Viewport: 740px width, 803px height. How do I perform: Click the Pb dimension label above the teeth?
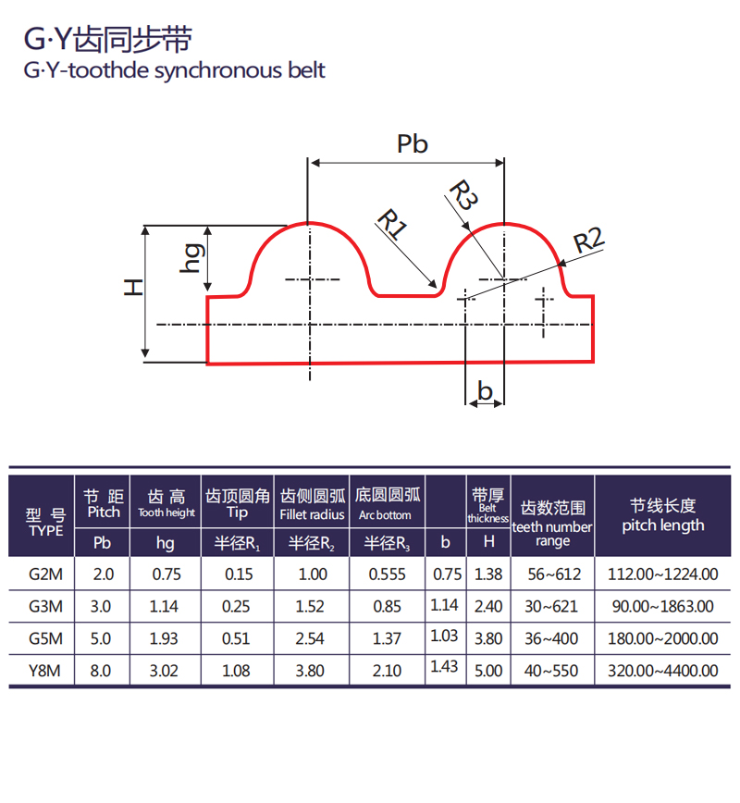[x=413, y=144]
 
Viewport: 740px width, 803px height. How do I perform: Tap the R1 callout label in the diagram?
[x=392, y=224]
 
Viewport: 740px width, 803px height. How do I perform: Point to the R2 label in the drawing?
[x=589, y=241]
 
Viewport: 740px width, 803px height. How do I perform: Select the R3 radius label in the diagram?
[x=463, y=194]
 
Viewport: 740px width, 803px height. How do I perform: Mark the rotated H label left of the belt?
[x=133, y=288]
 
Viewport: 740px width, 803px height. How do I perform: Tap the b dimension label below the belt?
[x=485, y=390]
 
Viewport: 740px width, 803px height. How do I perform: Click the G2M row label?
[x=45, y=574]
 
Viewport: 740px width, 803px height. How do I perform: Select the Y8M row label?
[x=44, y=671]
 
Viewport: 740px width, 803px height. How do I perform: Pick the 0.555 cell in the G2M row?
[x=388, y=574]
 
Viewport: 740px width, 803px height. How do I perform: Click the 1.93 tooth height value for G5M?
[x=164, y=638]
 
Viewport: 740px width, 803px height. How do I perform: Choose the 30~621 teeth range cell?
[x=551, y=606]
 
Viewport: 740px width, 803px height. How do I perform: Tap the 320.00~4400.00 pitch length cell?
[x=663, y=671]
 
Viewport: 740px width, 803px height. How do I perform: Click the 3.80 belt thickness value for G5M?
[x=488, y=638]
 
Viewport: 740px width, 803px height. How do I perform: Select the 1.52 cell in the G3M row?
[x=310, y=606]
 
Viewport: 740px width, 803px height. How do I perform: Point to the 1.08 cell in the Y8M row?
[x=236, y=671]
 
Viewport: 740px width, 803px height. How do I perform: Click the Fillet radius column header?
[x=312, y=514]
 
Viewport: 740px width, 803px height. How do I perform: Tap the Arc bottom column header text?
[x=385, y=515]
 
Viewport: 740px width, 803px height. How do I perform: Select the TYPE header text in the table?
[x=46, y=531]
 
